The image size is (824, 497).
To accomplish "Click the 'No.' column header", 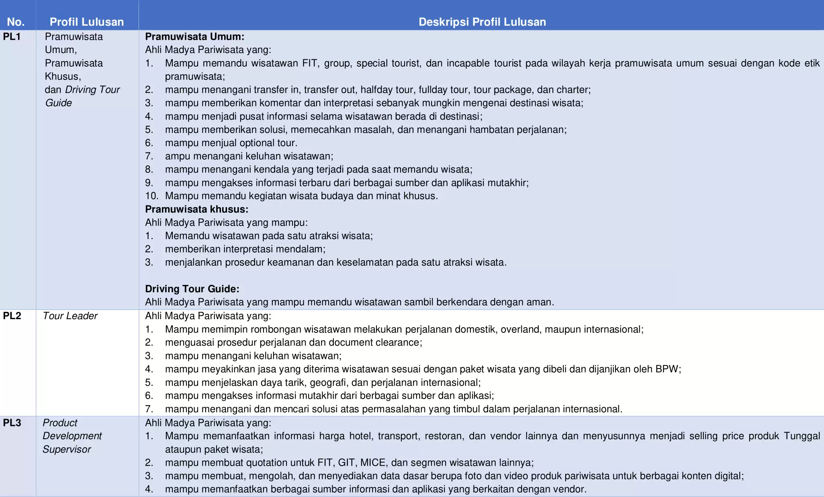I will tap(16, 22).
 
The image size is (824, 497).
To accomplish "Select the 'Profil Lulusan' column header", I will tap(86, 22).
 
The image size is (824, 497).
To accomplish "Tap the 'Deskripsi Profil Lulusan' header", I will tap(482, 22).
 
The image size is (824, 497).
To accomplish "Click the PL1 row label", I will tap(12, 37).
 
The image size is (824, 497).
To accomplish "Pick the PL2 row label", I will tap(12, 316).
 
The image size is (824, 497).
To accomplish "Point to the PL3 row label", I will tap(12, 423).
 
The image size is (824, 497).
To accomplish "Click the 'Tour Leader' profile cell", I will tap(70, 316).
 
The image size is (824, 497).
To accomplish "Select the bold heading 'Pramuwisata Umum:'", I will tap(194, 37).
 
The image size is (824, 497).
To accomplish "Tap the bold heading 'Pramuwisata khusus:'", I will tap(196, 209).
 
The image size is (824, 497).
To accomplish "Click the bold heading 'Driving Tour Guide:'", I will tap(192, 289).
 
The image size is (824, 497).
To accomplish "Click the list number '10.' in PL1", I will tap(151, 196).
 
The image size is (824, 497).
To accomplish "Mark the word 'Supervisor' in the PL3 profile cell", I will tap(67, 449).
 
